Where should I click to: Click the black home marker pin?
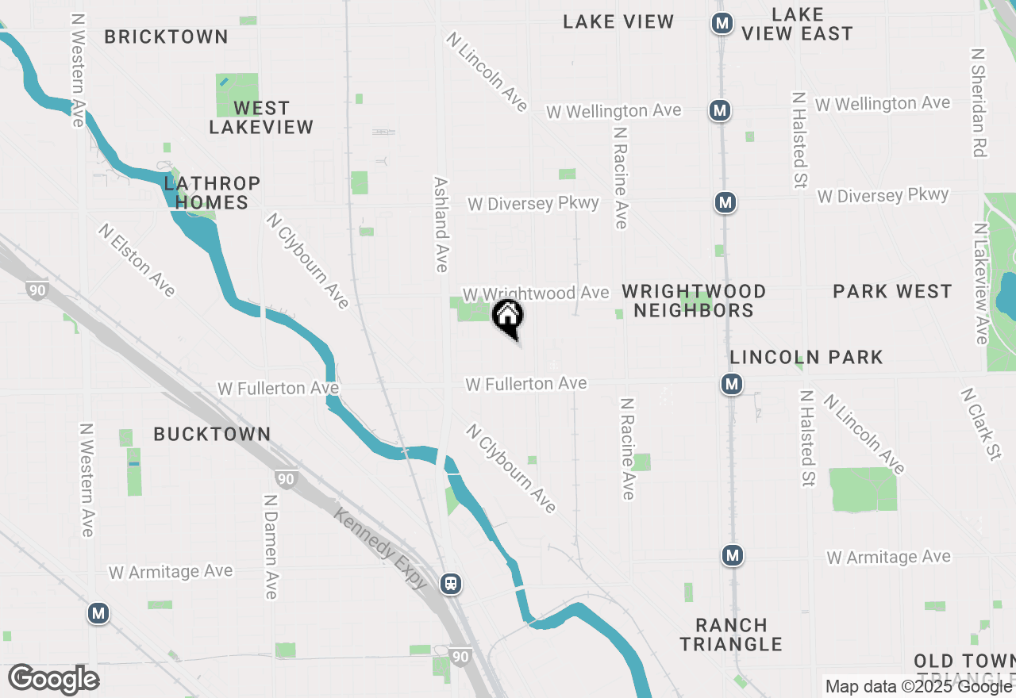[x=508, y=318]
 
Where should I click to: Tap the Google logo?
[x=53, y=679]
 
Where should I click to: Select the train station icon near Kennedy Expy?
[x=451, y=585]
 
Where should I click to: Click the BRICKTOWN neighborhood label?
[x=166, y=36]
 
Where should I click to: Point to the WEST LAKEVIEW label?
[x=261, y=117]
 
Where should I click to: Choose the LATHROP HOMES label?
[x=212, y=193]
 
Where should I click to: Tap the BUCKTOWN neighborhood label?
[x=212, y=434]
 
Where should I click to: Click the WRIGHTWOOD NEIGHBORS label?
[x=694, y=301]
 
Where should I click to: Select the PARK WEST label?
[x=892, y=292]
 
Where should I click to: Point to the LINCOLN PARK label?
[x=806, y=357]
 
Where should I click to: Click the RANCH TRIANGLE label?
[x=731, y=635]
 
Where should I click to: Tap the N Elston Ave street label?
[x=137, y=260]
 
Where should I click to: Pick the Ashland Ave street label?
[x=441, y=224]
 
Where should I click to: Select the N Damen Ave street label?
[x=271, y=547]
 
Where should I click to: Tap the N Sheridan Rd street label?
[x=979, y=102]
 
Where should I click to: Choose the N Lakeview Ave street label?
[x=981, y=283]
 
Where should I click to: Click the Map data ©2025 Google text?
[x=918, y=687]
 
